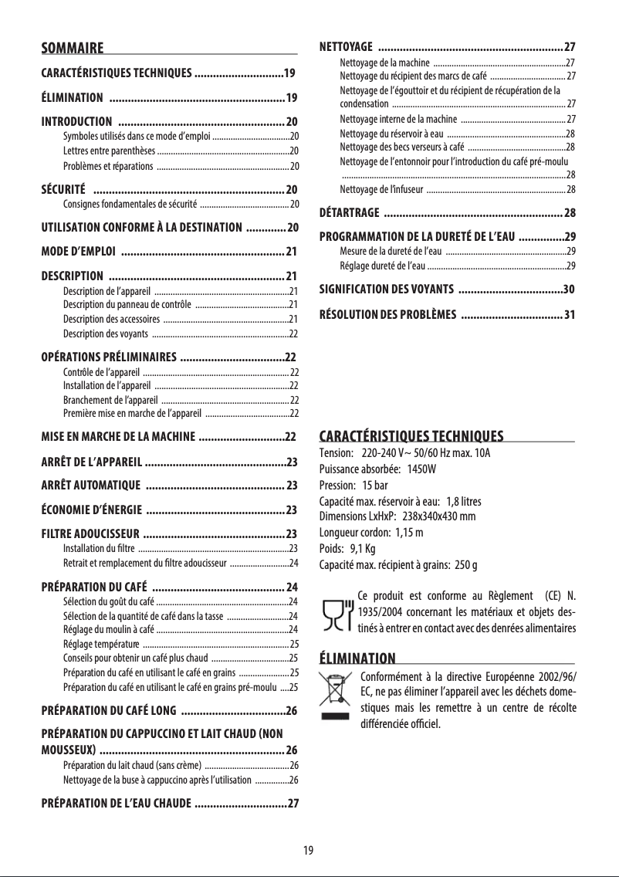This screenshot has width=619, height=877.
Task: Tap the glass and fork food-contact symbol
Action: click(x=336, y=612)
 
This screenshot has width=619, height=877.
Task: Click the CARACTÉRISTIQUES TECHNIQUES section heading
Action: click(x=411, y=436)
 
